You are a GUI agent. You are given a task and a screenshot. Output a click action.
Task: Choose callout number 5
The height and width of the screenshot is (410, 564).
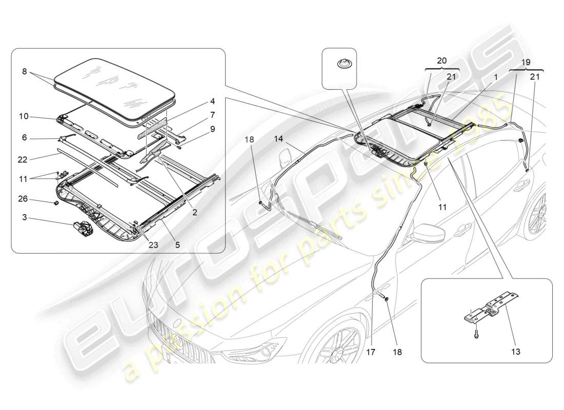point(177,245)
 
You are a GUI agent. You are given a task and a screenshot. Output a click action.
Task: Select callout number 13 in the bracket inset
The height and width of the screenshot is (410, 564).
point(515,352)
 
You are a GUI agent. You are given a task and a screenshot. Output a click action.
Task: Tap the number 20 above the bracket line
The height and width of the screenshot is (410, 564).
point(442,60)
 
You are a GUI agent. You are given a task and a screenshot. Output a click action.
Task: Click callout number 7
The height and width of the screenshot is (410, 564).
point(198,115)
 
